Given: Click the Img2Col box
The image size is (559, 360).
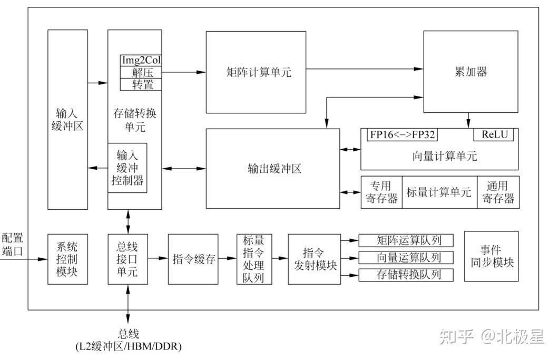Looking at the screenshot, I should click(x=141, y=61).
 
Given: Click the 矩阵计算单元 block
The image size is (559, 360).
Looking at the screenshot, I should click(x=256, y=72).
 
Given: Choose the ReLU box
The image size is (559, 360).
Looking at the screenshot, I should click(x=494, y=134).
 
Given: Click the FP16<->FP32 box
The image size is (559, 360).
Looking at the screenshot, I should click(x=403, y=134).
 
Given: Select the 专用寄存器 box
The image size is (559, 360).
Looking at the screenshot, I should click(x=381, y=192).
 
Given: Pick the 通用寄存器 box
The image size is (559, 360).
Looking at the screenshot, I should click(x=498, y=192).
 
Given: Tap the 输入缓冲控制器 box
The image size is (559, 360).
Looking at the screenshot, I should click(x=127, y=168).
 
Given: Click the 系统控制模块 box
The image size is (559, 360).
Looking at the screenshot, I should click(x=67, y=259).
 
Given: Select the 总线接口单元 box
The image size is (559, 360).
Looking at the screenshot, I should click(x=127, y=258).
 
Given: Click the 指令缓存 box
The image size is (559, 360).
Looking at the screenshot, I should click(x=193, y=259).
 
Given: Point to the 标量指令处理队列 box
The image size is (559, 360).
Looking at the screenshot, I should click(x=254, y=259).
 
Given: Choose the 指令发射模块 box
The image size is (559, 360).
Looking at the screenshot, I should click(x=314, y=259).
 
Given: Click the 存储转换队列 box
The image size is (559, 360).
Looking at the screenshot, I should click(x=407, y=275).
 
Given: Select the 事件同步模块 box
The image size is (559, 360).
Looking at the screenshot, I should click(x=491, y=256).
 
